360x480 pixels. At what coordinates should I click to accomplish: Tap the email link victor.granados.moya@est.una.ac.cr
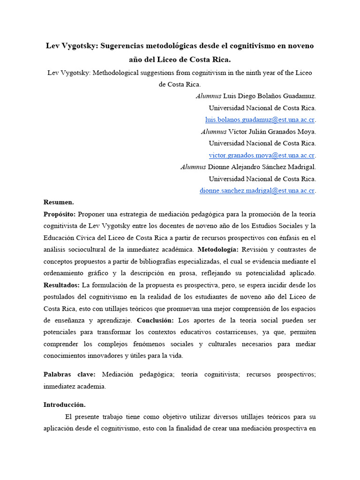point(262,155)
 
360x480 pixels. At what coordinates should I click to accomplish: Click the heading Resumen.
point(59,202)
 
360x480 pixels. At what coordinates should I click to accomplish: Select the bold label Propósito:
point(60,214)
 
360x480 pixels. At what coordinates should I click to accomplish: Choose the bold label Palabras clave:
point(69,375)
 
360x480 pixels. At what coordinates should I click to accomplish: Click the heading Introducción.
point(65,405)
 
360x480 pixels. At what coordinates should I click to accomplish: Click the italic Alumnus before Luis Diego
point(208,96)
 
